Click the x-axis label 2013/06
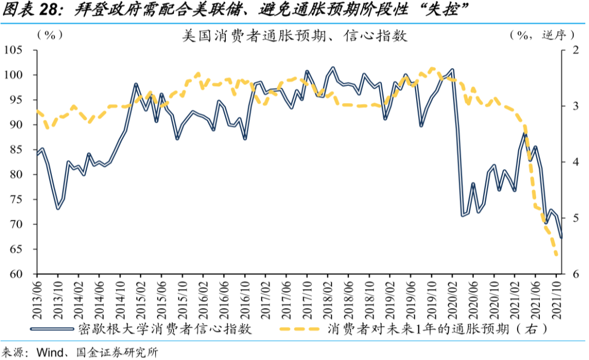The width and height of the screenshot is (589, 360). [x=37, y=298]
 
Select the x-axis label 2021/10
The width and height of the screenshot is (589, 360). [x=557, y=298]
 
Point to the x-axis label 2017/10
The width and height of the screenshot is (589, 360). [x=307, y=298]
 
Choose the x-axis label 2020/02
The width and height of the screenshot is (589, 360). [x=453, y=298]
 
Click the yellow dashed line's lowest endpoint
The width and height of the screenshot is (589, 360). [x=557, y=255]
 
